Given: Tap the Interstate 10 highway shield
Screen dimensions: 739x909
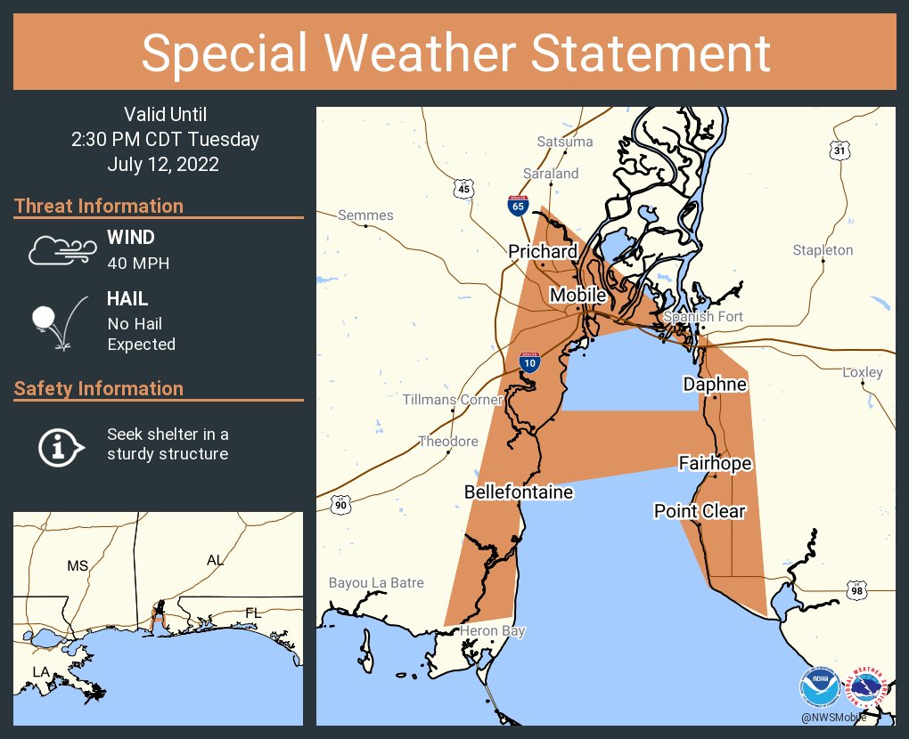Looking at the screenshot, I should click(529, 361).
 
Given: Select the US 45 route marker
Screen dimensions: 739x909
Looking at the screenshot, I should click(463, 189).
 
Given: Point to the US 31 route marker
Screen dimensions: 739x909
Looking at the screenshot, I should click(839, 150).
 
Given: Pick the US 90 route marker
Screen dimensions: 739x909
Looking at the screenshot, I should click(340, 504).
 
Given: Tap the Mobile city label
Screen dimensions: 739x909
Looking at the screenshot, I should click(577, 295).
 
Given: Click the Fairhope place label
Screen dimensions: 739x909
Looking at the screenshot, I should click(715, 464).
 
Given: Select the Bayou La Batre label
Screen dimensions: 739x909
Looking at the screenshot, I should click(376, 583).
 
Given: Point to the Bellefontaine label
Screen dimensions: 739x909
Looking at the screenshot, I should click(518, 492).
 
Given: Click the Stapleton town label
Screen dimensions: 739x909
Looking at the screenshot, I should click(823, 250).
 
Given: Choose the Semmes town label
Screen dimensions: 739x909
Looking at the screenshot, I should click(365, 215).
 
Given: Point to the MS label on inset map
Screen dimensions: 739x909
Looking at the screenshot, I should click(78, 565).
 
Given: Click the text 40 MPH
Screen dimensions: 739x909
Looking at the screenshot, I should click(138, 264).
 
